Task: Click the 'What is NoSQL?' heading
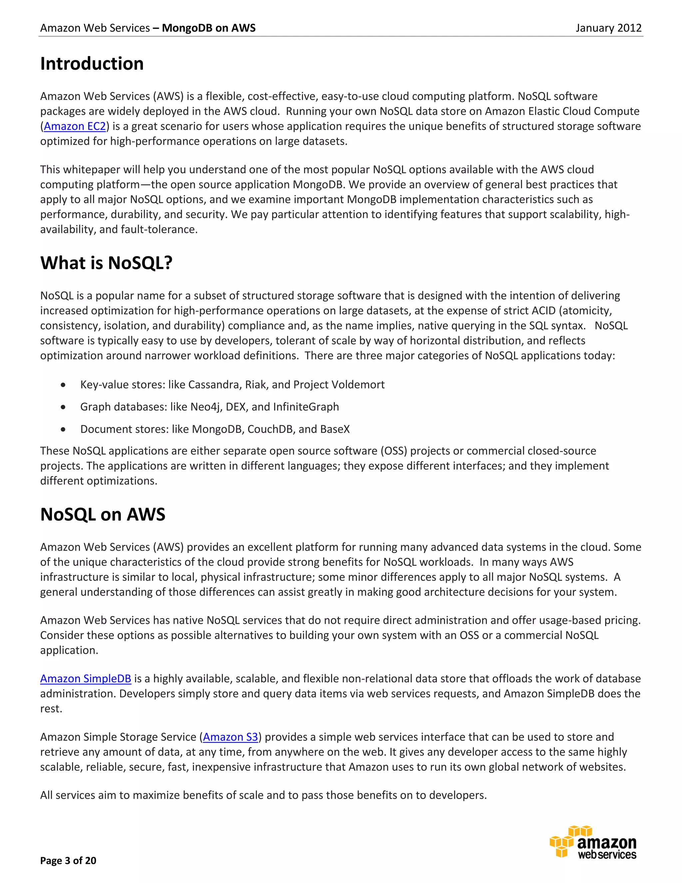click(106, 263)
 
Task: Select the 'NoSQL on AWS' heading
click(103, 515)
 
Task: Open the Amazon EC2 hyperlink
click(75, 127)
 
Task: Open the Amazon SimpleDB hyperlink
click(86, 679)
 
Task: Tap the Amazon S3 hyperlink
click(230, 737)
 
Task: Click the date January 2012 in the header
click(608, 28)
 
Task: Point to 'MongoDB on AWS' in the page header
click(208, 28)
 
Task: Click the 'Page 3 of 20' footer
click(68, 860)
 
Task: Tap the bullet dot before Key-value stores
click(63, 385)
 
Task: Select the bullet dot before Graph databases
click(63, 407)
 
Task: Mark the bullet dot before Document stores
click(63, 430)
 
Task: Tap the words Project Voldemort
click(339, 385)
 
